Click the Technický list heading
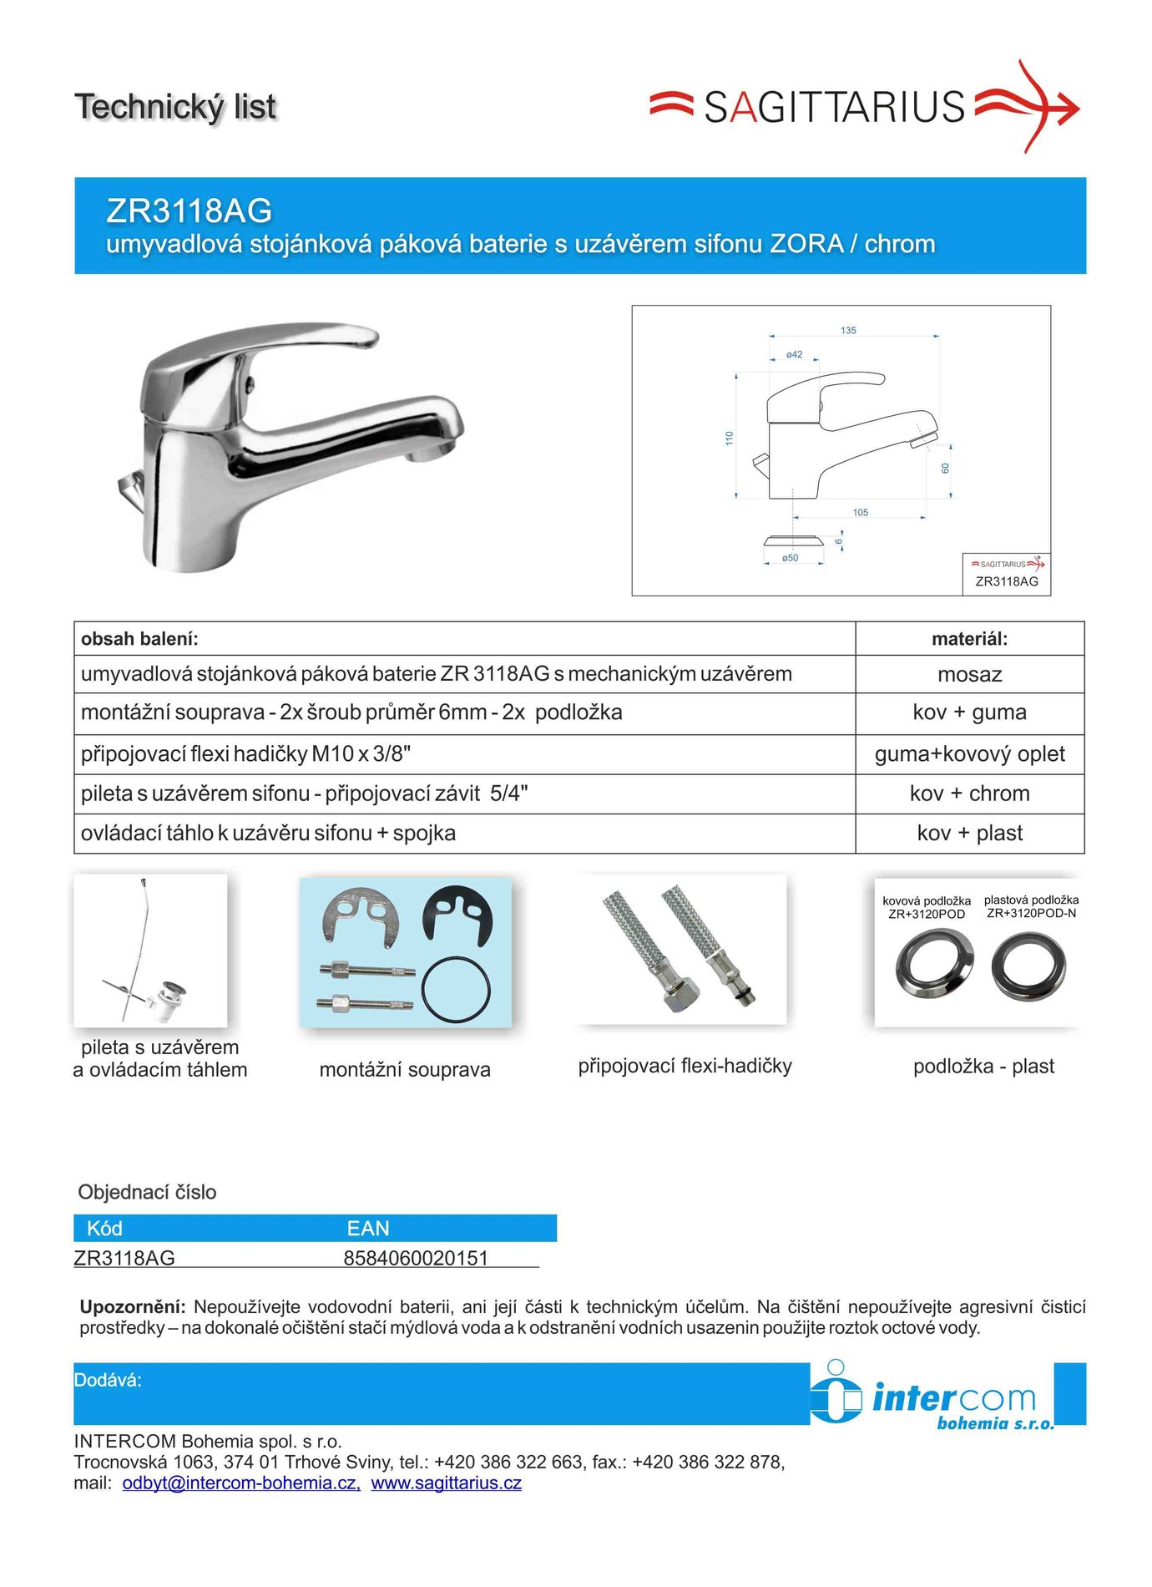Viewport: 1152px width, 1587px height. tap(175, 107)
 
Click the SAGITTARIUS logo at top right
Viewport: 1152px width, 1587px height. tap(864, 107)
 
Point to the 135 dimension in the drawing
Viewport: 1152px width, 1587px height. tap(848, 331)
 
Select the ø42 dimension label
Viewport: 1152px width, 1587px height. tap(794, 355)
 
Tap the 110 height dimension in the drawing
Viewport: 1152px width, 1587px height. tap(729, 438)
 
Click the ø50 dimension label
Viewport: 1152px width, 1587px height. tap(790, 558)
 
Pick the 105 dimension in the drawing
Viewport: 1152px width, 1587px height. tap(861, 513)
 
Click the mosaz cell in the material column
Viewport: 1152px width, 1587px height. tap(969, 675)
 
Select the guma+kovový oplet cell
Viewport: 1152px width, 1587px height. tap(969, 754)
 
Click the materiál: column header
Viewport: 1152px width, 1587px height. tap(969, 639)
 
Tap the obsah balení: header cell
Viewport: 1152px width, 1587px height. tap(139, 639)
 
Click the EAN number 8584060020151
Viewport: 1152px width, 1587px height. tap(416, 1258)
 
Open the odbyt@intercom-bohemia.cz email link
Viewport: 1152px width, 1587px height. tap(241, 1483)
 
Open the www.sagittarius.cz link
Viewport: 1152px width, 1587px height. tap(447, 1483)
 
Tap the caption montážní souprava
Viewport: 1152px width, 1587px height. tap(405, 1069)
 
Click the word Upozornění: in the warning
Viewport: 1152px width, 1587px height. tap(133, 1306)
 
